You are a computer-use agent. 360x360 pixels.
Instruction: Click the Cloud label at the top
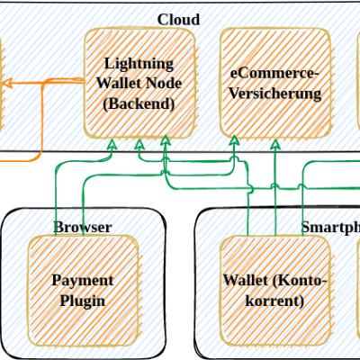(x=178, y=20)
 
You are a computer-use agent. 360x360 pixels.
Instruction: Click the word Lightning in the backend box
(x=139, y=64)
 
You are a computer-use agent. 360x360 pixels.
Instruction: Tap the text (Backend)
(x=139, y=103)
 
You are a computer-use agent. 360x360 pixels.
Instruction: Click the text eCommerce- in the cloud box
(x=275, y=73)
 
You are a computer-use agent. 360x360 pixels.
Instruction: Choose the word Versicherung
(x=275, y=94)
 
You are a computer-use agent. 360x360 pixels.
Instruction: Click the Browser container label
(x=83, y=227)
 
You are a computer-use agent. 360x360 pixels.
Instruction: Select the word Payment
(x=82, y=280)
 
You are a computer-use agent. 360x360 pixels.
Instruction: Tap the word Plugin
(x=82, y=300)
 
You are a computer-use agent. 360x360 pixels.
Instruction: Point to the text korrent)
(x=275, y=300)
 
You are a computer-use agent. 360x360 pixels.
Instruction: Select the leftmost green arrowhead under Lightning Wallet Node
(x=112, y=144)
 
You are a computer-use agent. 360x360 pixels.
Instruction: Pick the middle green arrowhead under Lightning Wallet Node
(x=139, y=144)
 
